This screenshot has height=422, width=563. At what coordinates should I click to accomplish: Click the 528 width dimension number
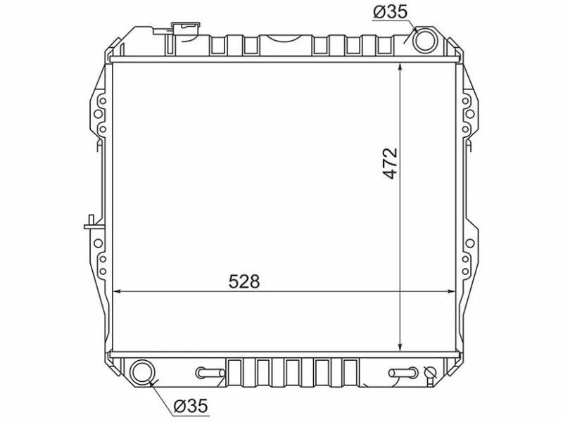click(x=244, y=281)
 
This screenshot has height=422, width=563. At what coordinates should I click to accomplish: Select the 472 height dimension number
click(x=391, y=163)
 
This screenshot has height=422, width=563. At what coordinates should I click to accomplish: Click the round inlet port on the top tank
click(x=425, y=39)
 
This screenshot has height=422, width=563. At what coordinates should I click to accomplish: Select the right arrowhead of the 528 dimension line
click(x=451, y=290)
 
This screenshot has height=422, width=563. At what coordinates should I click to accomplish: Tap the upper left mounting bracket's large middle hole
click(x=97, y=115)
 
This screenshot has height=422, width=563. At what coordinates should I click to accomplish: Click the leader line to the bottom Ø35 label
click(x=163, y=394)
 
